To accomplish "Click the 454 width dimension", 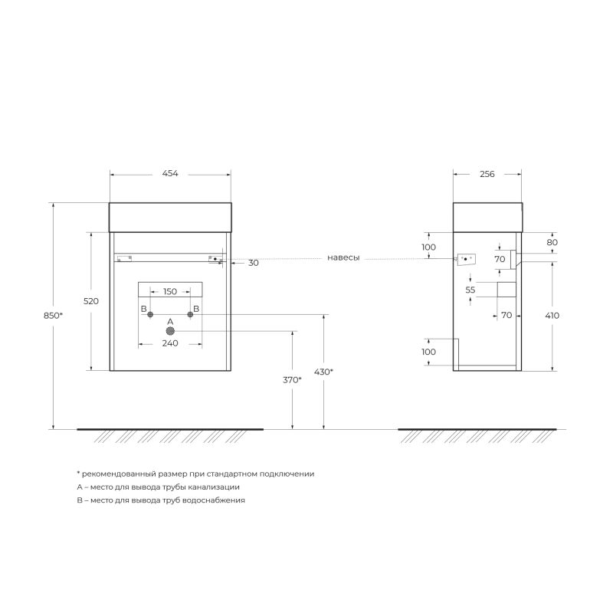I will [170, 174].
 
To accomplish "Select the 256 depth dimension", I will [487, 174].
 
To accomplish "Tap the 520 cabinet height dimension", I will [91, 301].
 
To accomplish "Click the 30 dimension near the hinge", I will [254, 263].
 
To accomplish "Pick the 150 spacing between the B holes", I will [170, 292].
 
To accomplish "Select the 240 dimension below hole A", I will [170, 343].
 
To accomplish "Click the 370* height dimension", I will [292, 380].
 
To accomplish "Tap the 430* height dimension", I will [324, 372].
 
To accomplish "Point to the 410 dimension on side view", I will [552, 316].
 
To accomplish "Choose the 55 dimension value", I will [470, 290].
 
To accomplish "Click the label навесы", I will [343, 258].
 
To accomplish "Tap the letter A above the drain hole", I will [170, 321].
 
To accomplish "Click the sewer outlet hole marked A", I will [170, 331].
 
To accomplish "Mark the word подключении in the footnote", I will [287, 474].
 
